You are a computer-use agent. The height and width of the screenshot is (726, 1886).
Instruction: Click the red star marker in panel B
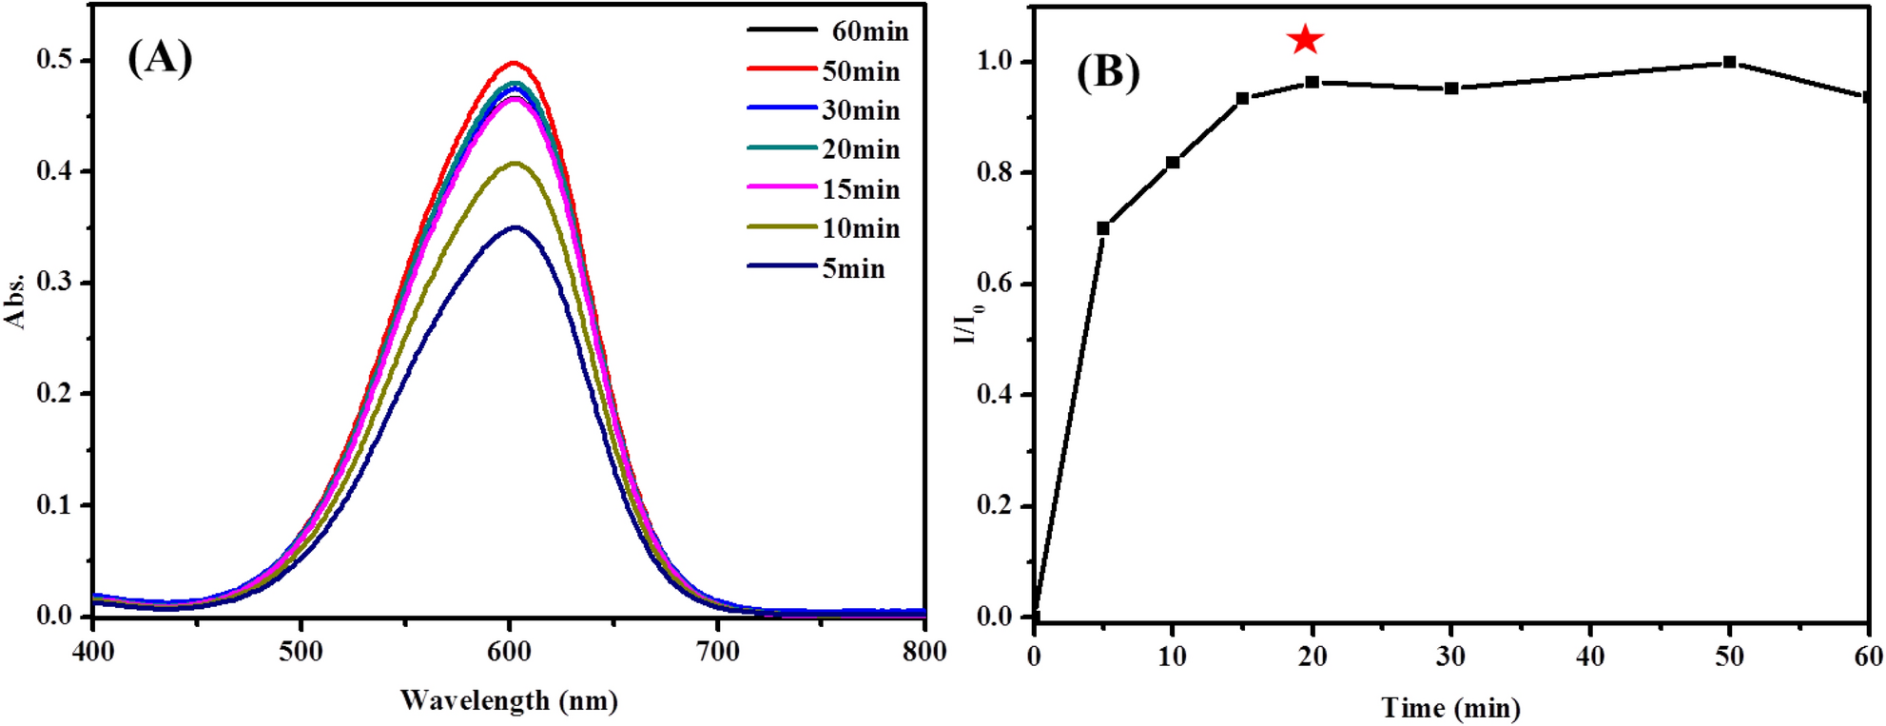pos(1305,40)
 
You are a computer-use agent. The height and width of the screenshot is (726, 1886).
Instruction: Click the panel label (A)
pos(160,58)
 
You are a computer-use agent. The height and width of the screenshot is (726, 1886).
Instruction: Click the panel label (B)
pos(1107,72)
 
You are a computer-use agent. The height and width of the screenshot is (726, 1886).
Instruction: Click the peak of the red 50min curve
pos(514,63)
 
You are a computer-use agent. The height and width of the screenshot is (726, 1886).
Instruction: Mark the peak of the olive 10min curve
pos(515,163)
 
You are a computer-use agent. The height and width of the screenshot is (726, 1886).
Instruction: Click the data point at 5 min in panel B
pos(1103,228)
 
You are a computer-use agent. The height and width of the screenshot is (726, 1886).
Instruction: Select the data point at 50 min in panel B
pos(1729,63)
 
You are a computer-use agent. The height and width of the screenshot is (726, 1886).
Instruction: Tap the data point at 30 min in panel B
pos(1451,88)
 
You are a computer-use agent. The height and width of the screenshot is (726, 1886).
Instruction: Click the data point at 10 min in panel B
pos(1173,163)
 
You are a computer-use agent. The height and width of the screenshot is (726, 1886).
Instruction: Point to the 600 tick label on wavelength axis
pos(509,652)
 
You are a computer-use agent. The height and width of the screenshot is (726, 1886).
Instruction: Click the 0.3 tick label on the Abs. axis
pos(53,283)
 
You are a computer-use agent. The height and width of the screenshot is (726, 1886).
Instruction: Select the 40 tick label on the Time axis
pos(1590,657)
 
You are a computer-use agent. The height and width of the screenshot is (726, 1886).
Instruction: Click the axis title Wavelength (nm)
pos(509,701)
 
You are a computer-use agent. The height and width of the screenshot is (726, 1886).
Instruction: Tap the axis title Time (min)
pos(1450,708)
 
